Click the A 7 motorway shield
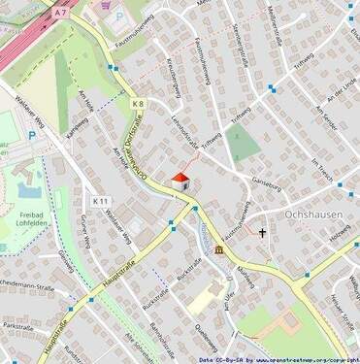(x=60, y=13)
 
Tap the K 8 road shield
(x=138, y=103)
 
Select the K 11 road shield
(x=100, y=201)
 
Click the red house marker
(x=180, y=180)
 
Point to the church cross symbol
(x=261, y=233)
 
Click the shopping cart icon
(x=105, y=5)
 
